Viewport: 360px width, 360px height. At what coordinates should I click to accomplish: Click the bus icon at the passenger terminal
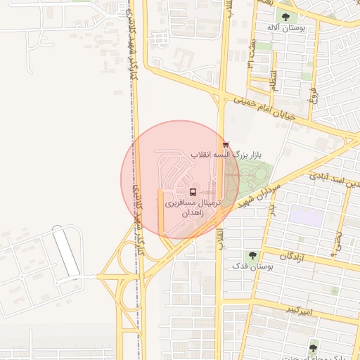[x=193, y=192]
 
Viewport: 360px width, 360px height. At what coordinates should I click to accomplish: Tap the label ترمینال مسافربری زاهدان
[x=192, y=207]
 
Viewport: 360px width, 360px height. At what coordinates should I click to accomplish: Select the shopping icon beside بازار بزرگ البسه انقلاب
[x=226, y=143]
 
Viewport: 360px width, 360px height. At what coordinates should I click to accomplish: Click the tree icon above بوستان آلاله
[x=285, y=16]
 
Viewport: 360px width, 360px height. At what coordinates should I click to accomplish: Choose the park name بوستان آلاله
[x=284, y=27]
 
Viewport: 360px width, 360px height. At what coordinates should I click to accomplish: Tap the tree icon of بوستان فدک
[x=252, y=256]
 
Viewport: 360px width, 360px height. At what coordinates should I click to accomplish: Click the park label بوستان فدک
[x=251, y=267]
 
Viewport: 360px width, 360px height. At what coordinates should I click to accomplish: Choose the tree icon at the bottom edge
[x=314, y=345]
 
